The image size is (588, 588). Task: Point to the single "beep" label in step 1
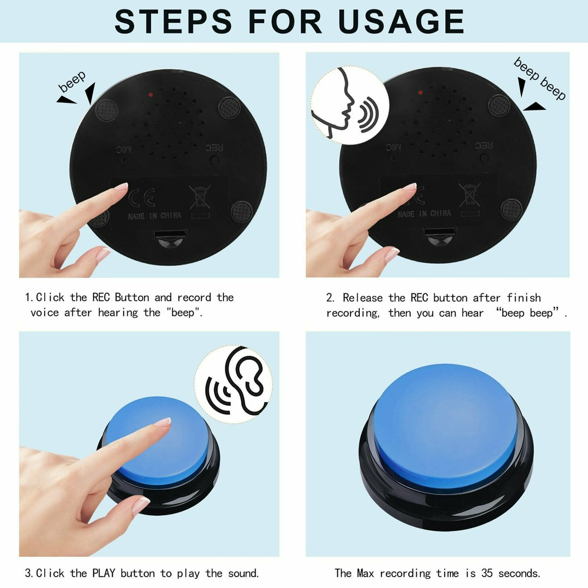point(72,82)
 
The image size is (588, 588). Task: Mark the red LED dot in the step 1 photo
point(151,93)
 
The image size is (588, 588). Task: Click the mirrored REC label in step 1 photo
point(211,148)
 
